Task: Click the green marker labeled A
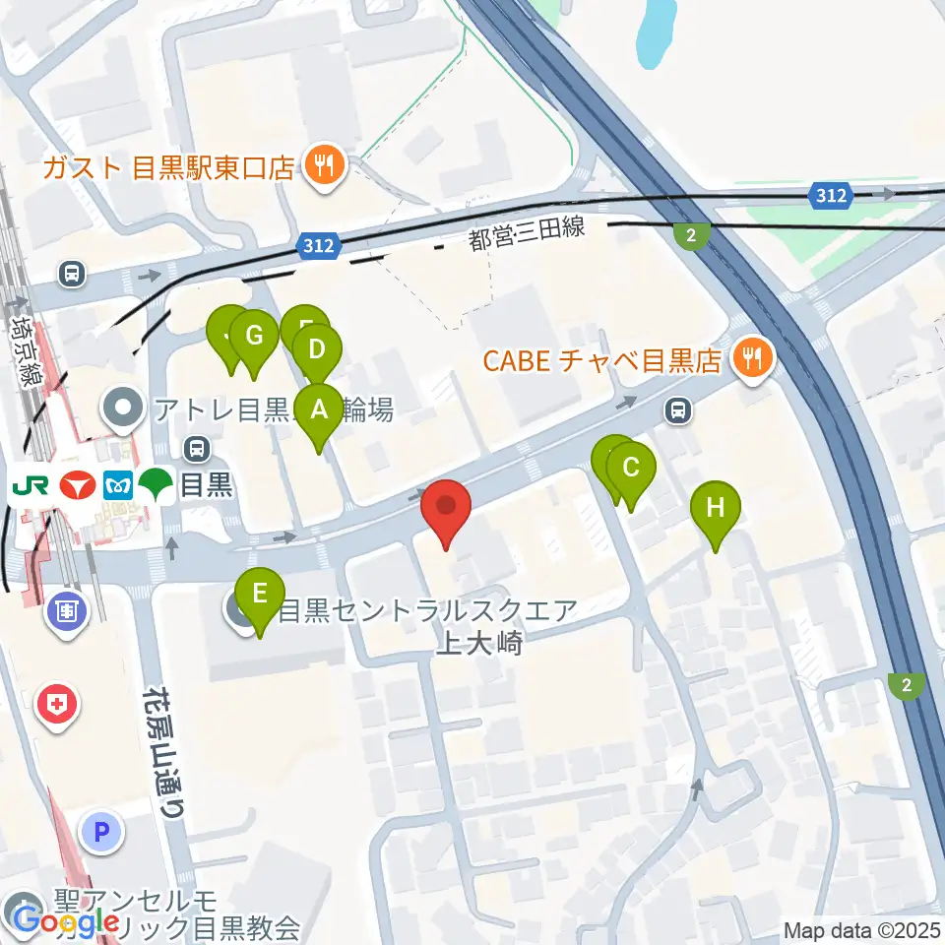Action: [x=318, y=410]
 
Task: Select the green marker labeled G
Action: [x=254, y=337]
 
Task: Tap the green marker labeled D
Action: [x=317, y=350]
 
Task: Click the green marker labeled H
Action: [x=716, y=509]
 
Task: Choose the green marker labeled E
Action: [x=260, y=595]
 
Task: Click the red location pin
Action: [x=446, y=507]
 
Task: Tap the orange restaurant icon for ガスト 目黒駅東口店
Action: [x=324, y=165]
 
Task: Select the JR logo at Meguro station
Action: [x=28, y=484]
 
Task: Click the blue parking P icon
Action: [x=100, y=833]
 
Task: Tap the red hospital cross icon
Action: [x=56, y=705]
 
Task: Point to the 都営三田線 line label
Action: [x=528, y=233]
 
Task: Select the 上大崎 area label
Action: [x=478, y=644]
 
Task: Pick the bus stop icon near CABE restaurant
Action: [x=677, y=409]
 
